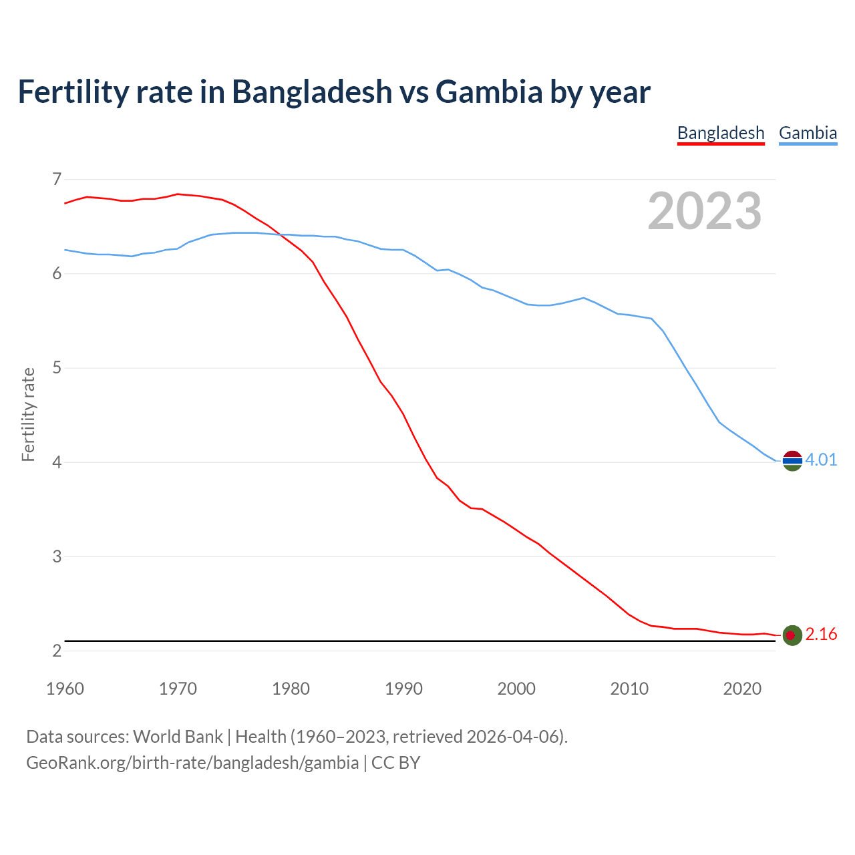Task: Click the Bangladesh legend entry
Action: [x=720, y=133]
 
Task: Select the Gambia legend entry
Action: [x=808, y=133]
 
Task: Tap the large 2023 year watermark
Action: [x=704, y=211]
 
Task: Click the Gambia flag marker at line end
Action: [x=792, y=460]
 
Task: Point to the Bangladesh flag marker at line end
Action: [x=792, y=635]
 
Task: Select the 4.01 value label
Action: [x=821, y=460]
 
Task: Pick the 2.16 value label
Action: [x=821, y=635]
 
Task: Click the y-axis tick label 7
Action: [x=57, y=179]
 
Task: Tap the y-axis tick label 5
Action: [x=57, y=368]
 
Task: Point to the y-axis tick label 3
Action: [x=57, y=556]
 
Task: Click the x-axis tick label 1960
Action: [x=65, y=689]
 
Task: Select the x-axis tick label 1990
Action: [x=403, y=689]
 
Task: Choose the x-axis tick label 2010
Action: [x=629, y=689]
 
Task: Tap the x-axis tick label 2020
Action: [x=742, y=689]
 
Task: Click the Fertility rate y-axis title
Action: [x=28, y=414]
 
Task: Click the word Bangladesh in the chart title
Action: [x=312, y=92]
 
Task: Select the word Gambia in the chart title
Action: [x=489, y=92]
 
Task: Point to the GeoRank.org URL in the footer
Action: [x=192, y=763]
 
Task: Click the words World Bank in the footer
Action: [x=178, y=737]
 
